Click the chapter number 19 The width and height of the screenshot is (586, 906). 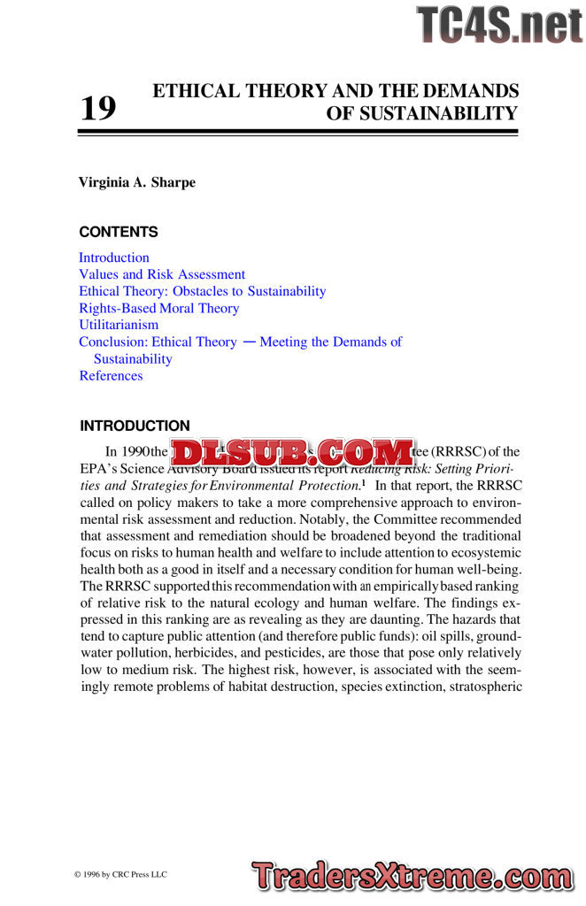tap(98, 109)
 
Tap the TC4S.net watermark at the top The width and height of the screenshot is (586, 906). tap(499, 25)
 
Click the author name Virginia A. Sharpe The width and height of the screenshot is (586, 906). tap(137, 182)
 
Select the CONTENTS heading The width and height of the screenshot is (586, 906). tap(119, 232)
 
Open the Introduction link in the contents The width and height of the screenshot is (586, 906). tap(114, 257)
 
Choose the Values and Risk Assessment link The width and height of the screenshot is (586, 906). tap(162, 274)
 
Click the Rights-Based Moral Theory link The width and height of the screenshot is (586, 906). tap(159, 308)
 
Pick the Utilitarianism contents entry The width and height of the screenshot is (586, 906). tap(119, 325)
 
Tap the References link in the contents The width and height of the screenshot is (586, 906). tap(111, 375)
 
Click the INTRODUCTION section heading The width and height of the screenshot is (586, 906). tap(135, 426)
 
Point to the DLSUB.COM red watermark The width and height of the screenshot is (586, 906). tap(291, 453)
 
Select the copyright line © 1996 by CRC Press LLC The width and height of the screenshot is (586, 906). tap(120, 874)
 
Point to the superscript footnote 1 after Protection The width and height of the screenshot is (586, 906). tap(363, 482)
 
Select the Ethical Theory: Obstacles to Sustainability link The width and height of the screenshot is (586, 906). tap(203, 291)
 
